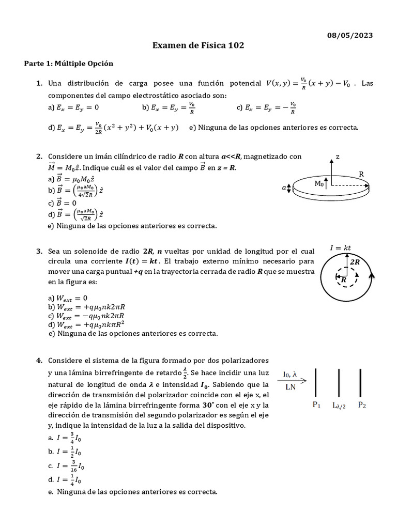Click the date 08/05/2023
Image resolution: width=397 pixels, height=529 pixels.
point(350,35)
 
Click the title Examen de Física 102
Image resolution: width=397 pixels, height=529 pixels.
point(198,46)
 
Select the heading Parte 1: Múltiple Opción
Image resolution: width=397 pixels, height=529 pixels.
point(69,64)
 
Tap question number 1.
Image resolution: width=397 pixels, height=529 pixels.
point(39,83)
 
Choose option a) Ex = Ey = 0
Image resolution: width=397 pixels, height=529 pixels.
point(73,107)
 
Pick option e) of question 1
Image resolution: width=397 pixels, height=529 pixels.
point(273,128)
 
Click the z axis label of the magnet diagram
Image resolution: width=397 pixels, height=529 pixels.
point(338,156)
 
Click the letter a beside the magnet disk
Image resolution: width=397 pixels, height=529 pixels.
point(283,189)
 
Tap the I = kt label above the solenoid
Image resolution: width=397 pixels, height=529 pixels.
point(341,248)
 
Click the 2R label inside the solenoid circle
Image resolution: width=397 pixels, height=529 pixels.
point(355,262)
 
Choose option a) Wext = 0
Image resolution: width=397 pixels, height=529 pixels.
point(68,298)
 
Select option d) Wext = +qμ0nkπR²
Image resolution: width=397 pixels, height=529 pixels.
point(86,324)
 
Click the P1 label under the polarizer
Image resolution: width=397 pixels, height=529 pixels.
point(316,406)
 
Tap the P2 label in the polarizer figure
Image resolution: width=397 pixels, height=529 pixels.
point(362,406)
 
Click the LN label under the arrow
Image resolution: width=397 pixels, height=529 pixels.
point(290,386)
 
